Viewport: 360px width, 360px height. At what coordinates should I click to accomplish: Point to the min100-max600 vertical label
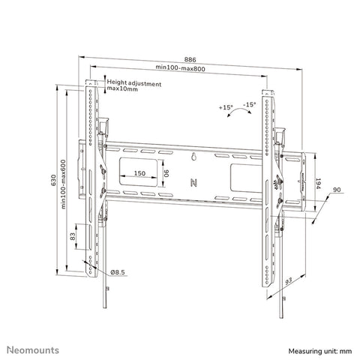pos(65,182)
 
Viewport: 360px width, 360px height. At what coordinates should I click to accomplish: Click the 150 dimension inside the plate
pos(139,174)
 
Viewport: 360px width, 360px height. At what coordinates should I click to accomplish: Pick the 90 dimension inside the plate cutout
pos(166,173)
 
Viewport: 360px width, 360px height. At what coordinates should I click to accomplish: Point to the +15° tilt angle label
pos(225,108)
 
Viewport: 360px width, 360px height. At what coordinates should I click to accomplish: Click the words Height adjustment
pos(133,83)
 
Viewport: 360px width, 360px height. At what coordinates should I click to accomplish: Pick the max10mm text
pos(122,90)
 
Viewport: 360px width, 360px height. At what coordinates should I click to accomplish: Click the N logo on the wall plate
pos(193,181)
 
